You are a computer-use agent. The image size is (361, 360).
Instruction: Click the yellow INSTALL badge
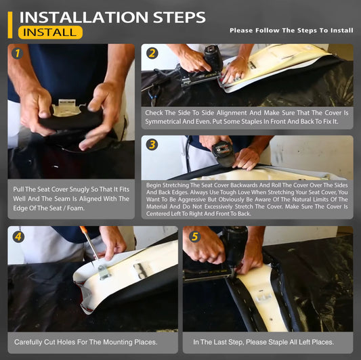coord(50,32)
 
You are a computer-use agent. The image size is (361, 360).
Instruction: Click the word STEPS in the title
coord(179,17)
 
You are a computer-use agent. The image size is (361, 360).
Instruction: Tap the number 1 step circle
coord(18,53)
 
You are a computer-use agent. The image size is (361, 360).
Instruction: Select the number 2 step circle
coord(152,53)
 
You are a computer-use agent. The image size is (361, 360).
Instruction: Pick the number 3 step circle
coord(152,145)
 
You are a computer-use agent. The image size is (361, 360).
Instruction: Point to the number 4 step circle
coord(18,237)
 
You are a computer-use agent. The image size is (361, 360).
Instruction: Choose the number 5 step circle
coord(195,237)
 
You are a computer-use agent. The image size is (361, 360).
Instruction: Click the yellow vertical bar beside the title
coord(10,25)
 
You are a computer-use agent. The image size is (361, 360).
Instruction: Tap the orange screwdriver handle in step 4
coord(83,230)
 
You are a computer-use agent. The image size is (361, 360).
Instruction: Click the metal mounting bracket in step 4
coord(104,272)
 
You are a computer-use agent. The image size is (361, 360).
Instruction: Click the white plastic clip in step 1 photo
coord(67,108)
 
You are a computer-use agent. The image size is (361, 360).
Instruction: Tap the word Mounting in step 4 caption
coord(117,342)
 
